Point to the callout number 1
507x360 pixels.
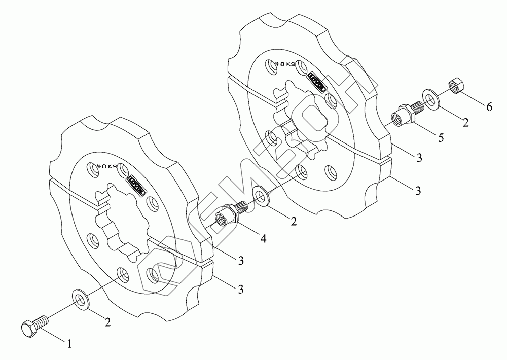click(x=70, y=343)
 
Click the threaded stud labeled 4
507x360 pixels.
click(x=228, y=213)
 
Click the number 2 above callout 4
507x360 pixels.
click(x=293, y=221)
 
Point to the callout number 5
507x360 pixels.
click(x=441, y=137)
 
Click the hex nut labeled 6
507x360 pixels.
click(x=454, y=87)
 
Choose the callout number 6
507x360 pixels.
click(x=489, y=106)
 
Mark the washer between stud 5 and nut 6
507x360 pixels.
click(x=431, y=98)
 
